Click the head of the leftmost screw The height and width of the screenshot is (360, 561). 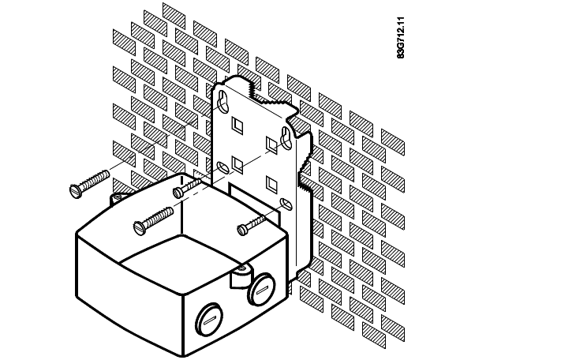click(76, 191)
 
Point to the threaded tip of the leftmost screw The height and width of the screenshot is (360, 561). click(107, 174)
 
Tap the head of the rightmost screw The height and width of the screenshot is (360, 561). click(243, 230)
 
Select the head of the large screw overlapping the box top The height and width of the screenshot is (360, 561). click(140, 227)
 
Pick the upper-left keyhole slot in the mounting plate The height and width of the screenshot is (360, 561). click(223, 100)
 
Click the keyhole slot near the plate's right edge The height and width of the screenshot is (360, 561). click(286, 138)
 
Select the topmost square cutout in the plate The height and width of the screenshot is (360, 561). click(237, 123)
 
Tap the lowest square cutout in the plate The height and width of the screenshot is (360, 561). click(271, 184)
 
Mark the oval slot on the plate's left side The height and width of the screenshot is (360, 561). click(224, 168)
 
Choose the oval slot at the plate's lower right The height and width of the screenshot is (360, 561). click(286, 204)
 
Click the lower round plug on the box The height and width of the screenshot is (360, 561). click(209, 320)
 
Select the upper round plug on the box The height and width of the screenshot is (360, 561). click(262, 289)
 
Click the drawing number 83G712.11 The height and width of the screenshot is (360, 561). click(401, 37)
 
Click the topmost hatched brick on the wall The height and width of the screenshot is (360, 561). click(174, 15)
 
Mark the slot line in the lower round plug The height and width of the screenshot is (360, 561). click(209, 321)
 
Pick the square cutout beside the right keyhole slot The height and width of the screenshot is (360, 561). click(271, 145)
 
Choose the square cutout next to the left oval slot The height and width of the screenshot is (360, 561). click(237, 164)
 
